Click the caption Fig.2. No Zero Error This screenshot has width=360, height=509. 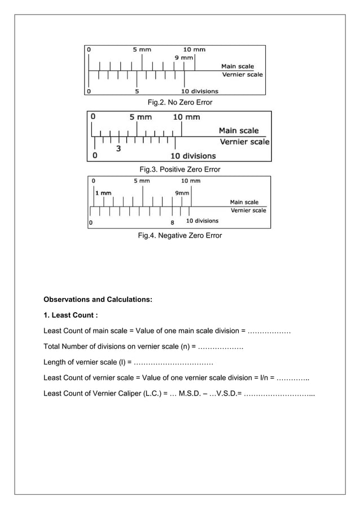179,103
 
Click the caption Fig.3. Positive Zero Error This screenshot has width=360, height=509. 179,169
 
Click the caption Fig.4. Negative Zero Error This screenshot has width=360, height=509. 179,235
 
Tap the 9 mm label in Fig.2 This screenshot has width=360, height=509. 183,58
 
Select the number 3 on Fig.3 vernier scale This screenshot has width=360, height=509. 118,149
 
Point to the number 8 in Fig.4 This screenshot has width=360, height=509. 172,222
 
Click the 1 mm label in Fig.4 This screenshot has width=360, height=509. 103,192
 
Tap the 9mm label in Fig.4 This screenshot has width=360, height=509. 182,192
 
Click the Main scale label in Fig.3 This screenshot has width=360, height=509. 239,131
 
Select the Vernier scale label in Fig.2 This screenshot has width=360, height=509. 242,74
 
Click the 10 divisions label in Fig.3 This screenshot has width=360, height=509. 193,156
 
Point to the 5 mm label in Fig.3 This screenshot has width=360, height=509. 141,117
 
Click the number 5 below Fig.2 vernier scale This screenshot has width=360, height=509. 138,91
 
